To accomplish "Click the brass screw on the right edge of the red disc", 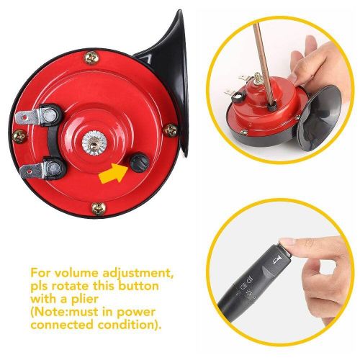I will point(170,130).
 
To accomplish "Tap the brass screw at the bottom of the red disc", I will point(96,207).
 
